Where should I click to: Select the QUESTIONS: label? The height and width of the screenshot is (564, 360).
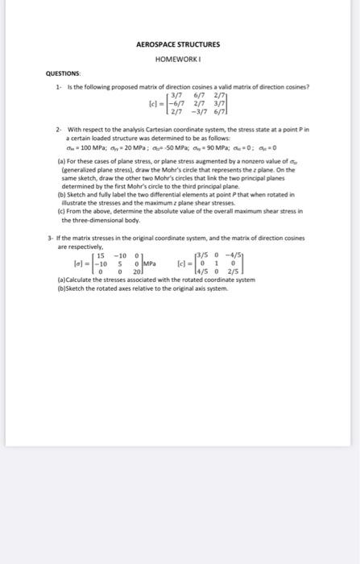coord(60,74)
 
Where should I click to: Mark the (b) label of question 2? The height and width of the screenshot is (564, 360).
coord(62,194)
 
